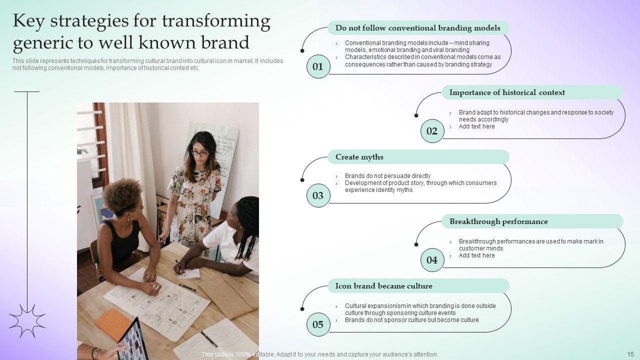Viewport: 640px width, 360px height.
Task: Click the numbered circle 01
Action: coord(318,66)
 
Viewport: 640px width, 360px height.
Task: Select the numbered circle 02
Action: coord(432,131)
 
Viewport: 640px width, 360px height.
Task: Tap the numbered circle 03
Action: coord(318,195)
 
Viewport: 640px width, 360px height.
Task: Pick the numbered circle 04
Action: coord(432,260)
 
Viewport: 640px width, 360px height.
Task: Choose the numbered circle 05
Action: coord(318,324)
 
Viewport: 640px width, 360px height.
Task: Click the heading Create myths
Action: coord(359,157)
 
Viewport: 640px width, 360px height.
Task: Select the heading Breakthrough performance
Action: coord(498,221)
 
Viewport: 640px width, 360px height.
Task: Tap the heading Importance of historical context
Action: coord(507,92)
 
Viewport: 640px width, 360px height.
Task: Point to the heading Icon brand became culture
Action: coord(383,286)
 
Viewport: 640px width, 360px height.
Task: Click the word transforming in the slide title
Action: coord(216,21)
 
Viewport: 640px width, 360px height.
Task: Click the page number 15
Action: coord(630,354)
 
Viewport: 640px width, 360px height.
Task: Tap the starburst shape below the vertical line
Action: coord(27,321)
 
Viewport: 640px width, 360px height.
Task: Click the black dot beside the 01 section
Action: coord(302,51)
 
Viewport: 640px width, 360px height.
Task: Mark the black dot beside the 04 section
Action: coord(416,244)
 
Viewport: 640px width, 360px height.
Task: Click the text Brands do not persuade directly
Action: coord(387,176)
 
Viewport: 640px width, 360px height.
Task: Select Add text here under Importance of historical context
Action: coord(476,126)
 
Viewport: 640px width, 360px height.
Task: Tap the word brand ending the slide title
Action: coord(225,42)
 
